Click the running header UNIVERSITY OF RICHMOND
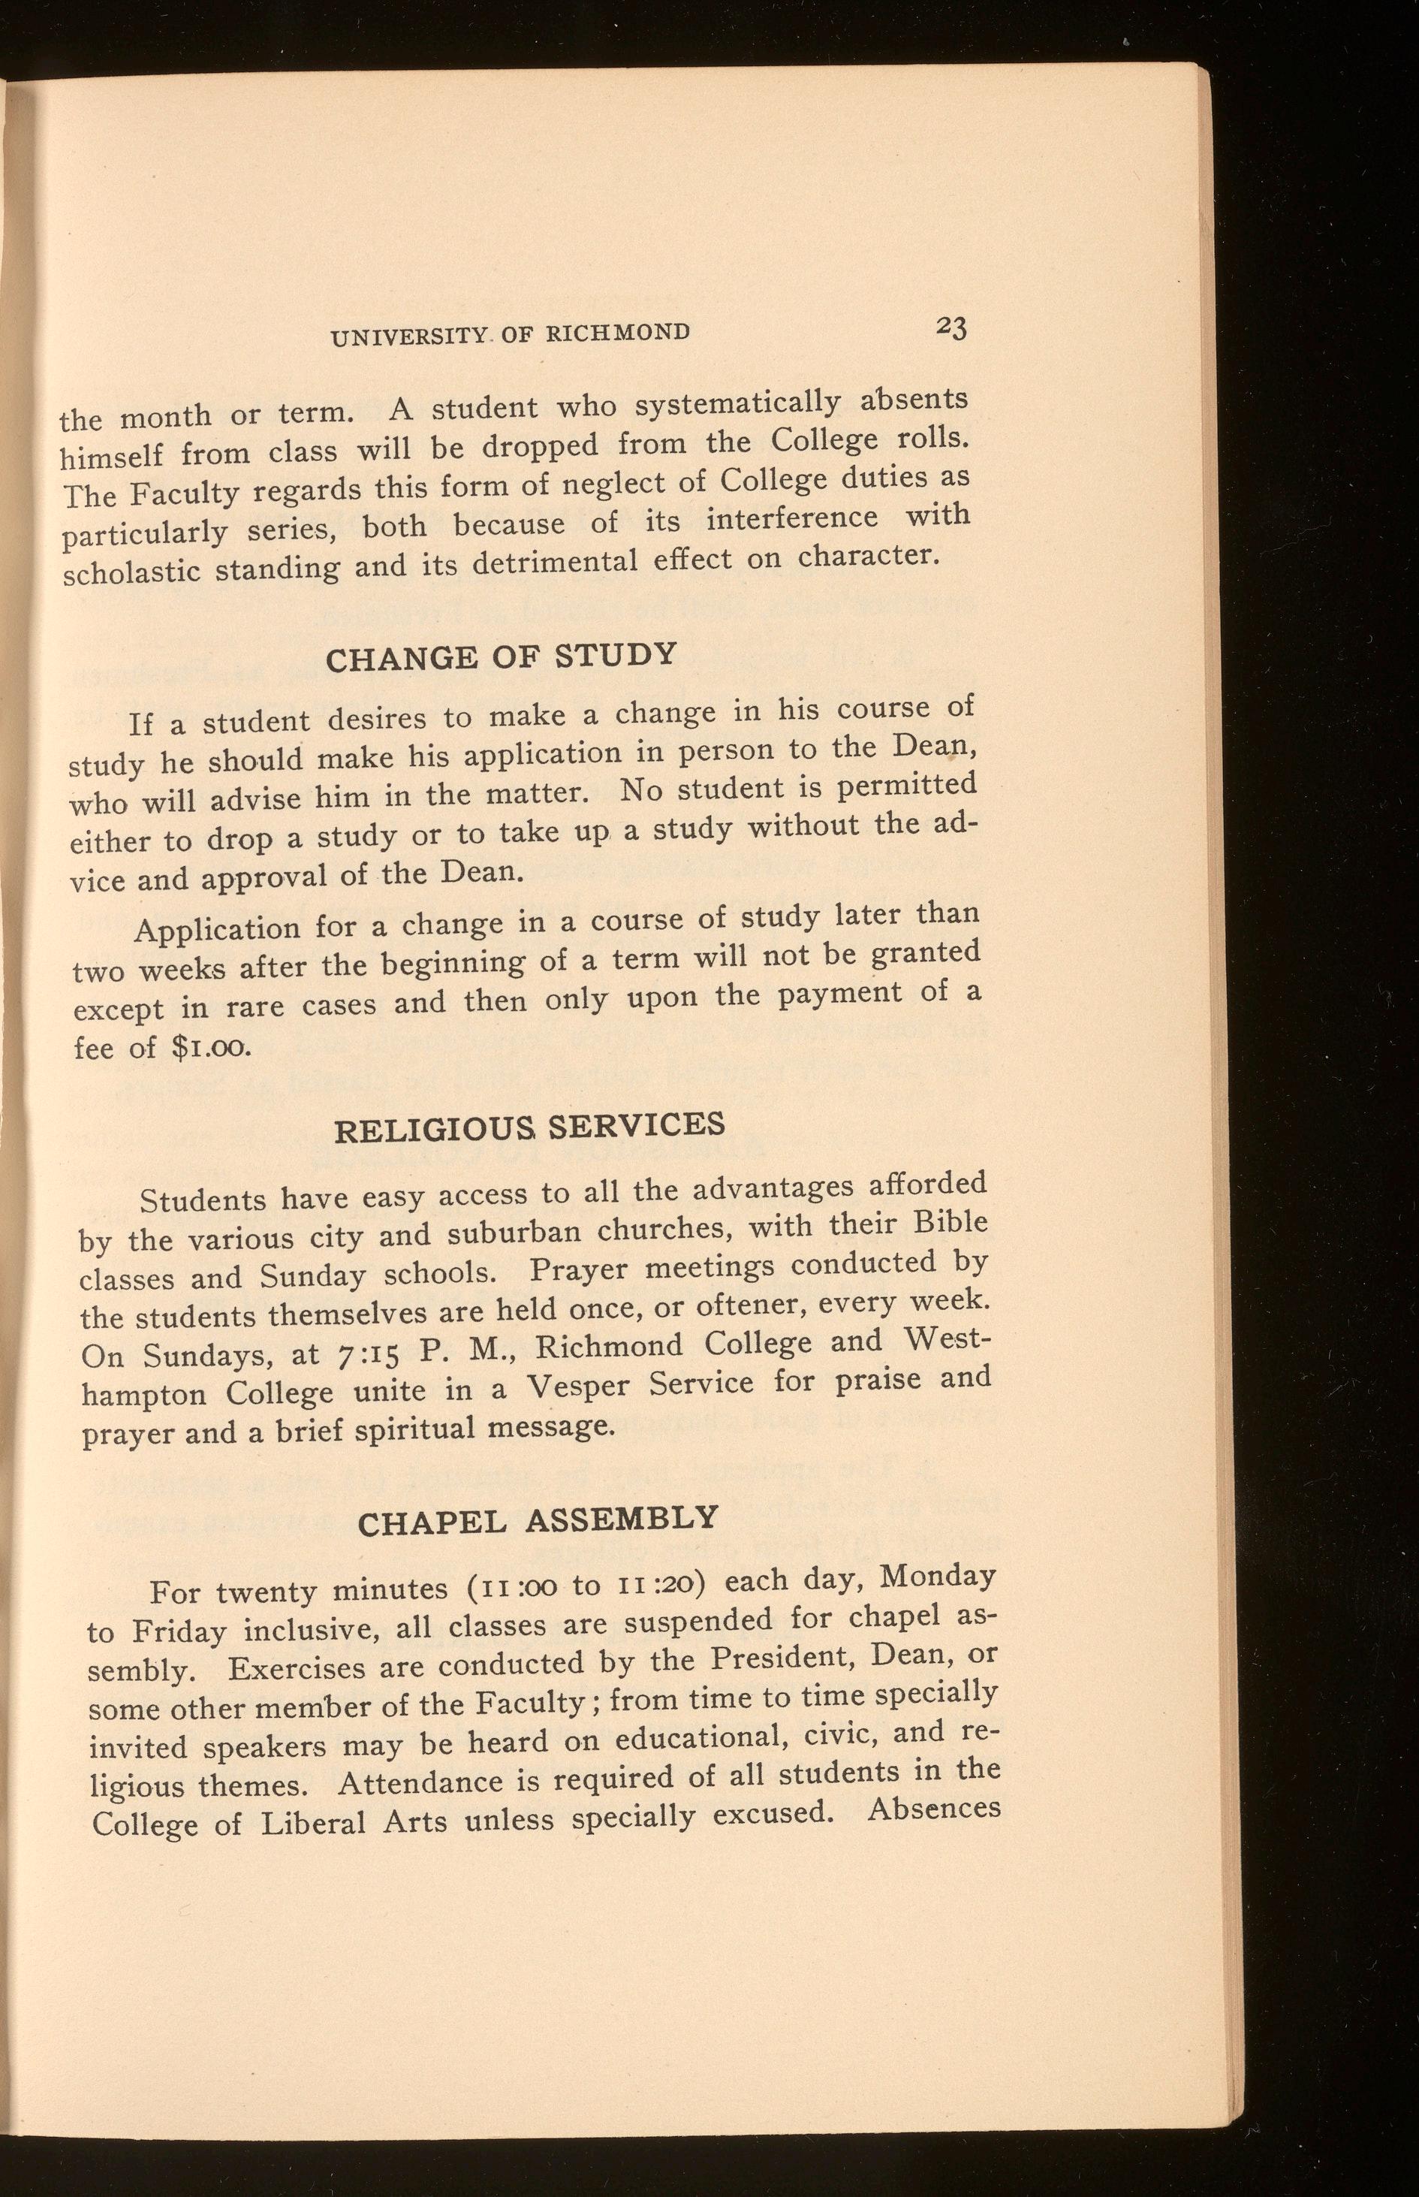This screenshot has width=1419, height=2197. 510,334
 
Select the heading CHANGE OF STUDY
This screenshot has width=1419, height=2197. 502,657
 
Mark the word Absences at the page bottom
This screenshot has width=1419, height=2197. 933,1808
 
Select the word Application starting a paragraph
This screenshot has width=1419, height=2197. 216,927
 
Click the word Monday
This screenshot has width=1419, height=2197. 937,1576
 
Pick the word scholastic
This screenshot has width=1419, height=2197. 130,572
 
